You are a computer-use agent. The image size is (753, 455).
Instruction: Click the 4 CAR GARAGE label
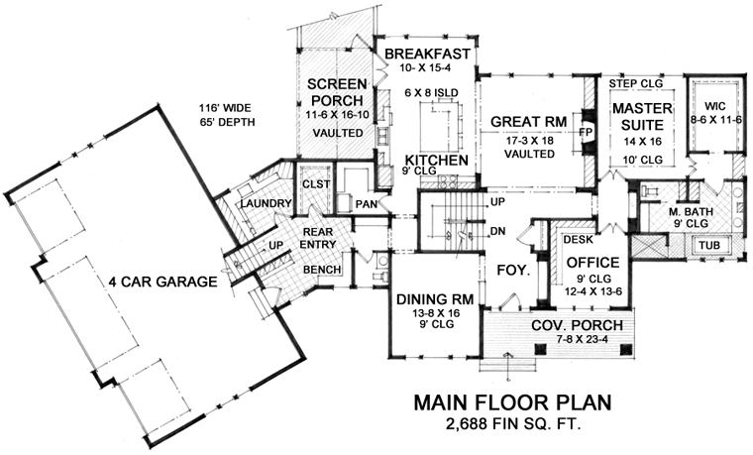click(x=162, y=282)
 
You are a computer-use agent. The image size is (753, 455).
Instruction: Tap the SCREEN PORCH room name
click(x=337, y=92)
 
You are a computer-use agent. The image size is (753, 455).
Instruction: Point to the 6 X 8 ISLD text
click(x=431, y=93)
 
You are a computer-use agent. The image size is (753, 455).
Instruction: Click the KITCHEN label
click(x=437, y=160)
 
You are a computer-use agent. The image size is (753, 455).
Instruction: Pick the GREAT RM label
click(x=529, y=122)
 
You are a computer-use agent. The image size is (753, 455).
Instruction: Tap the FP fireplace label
click(x=586, y=132)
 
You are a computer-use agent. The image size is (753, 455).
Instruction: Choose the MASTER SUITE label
click(x=642, y=116)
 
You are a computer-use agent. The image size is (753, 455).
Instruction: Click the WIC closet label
click(x=715, y=106)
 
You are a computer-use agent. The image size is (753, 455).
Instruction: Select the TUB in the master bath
click(x=709, y=245)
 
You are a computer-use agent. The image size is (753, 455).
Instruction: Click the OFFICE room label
click(x=593, y=263)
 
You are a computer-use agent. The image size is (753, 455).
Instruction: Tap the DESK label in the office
click(x=579, y=239)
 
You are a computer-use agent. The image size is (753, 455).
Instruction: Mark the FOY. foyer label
click(x=513, y=270)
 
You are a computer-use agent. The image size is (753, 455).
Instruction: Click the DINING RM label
click(x=435, y=299)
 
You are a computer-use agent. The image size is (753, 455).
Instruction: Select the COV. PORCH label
click(x=577, y=325)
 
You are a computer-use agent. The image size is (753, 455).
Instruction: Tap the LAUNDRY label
click(x=267, y=204)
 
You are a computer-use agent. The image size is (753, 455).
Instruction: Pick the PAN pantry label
click(x=367, y=204)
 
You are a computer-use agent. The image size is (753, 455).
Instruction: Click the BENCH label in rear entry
click(x=322, y=270)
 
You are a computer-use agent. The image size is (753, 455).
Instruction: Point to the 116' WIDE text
click(x=225, y=109)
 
